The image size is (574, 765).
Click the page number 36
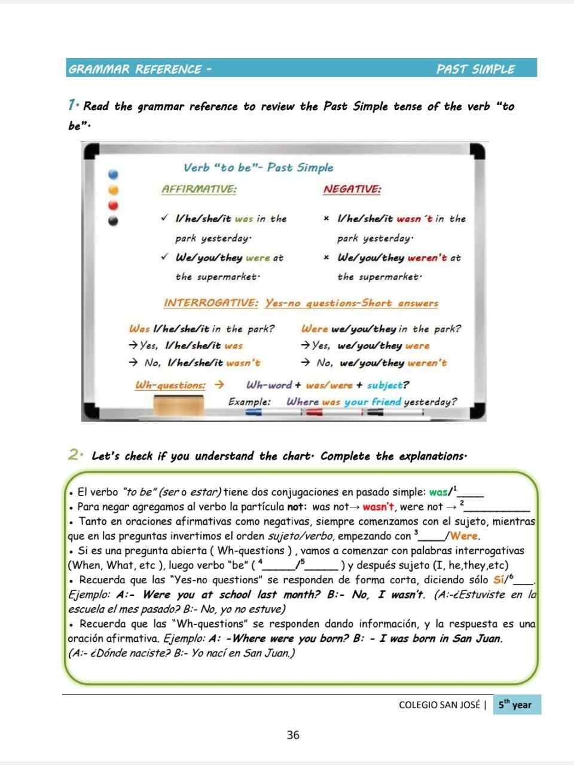point(293,735)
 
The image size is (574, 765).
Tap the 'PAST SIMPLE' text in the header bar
point(475,69)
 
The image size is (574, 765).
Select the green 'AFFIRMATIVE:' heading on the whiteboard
point(199,189)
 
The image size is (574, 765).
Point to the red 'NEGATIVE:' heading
point(352,189)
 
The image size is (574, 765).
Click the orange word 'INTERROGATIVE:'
point(211,303)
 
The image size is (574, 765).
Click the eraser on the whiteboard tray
point(178,405)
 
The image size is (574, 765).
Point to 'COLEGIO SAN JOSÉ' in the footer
point(439,705)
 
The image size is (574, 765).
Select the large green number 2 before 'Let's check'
point(74,455)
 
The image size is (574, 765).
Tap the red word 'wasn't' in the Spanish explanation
point(379,507)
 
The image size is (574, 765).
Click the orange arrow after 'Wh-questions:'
point(219,385)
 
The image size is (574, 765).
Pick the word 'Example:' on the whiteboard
point(250,402)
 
